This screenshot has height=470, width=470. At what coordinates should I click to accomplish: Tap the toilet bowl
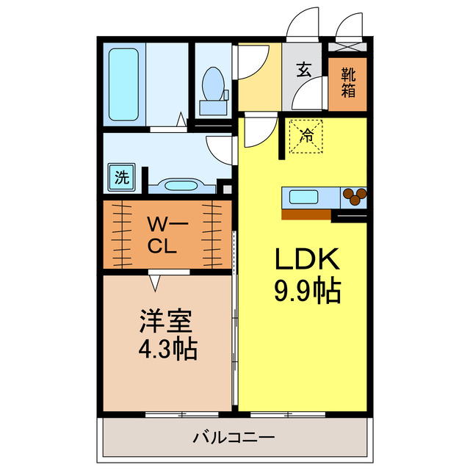click(213, 87)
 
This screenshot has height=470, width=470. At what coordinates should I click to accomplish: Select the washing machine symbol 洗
click(122, 176)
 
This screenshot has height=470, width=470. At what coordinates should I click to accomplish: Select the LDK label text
click(306, 260)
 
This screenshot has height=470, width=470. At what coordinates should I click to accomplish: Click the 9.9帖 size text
click(306, 292)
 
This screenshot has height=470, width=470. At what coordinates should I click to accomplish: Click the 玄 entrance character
click(303, 71)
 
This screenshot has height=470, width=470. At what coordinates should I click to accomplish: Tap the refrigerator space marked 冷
click(305, 137)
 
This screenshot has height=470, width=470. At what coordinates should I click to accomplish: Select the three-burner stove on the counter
click(355, 196)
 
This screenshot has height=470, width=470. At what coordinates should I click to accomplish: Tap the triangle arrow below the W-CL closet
click(155, 280)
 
